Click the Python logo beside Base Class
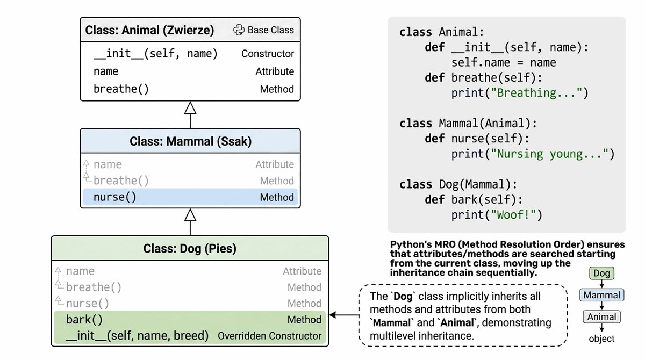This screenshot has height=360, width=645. [x=239, y=30]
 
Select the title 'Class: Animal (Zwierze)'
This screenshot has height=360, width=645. [x=149, y=30]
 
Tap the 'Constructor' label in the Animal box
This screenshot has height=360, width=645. [x=268, y=54]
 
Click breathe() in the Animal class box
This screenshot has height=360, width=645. [x=121, y=89]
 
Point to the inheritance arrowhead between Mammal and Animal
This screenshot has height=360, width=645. [x=190, y=109]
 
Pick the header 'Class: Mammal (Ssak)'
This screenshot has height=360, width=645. [x=190, y=142]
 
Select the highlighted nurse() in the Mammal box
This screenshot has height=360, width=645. [x=115, y=197]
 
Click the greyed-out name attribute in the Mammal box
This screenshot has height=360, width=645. [x=107, y=164]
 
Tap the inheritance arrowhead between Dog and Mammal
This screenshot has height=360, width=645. [x=190, y=215]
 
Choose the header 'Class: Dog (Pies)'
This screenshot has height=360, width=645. [x=190, y=249]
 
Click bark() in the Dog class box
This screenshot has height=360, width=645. [x=84, y=320]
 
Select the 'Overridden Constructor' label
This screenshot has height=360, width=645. [x=269, y=336]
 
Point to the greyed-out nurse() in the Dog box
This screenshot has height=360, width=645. [x=88, y=304]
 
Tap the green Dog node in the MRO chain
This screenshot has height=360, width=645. [x=602, y=273]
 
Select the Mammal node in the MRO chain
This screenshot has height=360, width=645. [x=602, y=295]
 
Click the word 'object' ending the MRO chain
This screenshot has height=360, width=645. [x=602, y=339]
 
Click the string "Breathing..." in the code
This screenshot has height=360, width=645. [x=539, y=93]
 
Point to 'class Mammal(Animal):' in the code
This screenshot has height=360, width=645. [x=468, y=124]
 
